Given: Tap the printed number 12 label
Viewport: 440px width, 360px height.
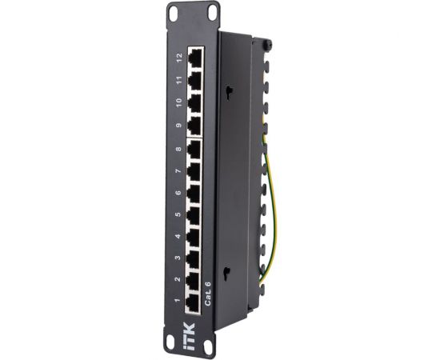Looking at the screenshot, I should click(x=179, y=58).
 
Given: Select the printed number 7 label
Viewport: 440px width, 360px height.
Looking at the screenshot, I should click(x=179, y=170).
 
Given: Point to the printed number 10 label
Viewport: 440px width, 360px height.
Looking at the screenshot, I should click(x=179, y=102).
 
